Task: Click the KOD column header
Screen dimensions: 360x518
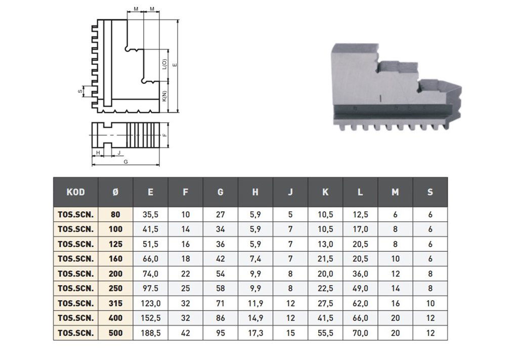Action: (75, 192)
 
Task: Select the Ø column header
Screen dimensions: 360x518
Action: (115, 192)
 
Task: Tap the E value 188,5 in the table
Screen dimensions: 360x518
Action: (150, 333)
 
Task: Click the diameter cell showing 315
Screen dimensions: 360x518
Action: (115, 303)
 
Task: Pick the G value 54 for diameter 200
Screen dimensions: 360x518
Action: (220, 274)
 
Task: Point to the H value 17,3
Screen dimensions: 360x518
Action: (255, 333)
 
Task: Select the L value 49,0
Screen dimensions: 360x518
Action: (360, 289)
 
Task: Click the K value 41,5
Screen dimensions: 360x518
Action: (325, 319)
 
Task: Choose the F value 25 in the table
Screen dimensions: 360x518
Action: (185, 289)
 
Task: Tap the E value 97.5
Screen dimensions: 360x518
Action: (150, 289)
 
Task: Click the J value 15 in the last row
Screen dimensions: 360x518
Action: (290, 333)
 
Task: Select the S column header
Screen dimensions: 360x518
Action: (430, 192)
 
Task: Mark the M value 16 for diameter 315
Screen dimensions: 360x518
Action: (395, 303)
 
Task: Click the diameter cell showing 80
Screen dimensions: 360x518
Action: (115, 214)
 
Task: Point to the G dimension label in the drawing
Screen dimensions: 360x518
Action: (125, 161)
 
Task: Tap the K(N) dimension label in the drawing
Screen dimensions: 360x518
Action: (164, 96)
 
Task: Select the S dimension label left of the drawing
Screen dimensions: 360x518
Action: (80, 92)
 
